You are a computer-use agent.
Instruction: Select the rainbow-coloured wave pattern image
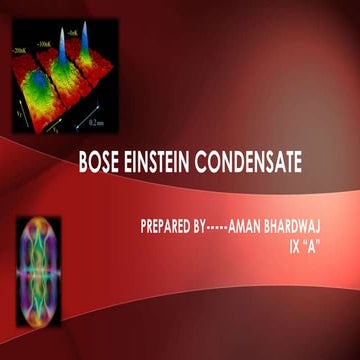click(x=38, y=258)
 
